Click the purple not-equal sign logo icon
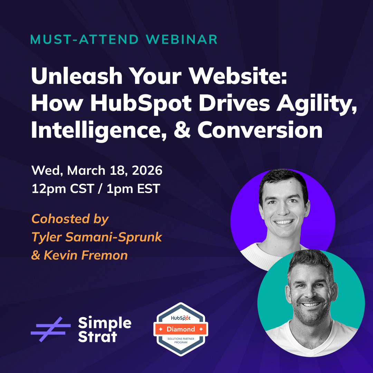[50, 329]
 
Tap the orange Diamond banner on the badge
[181, 329]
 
